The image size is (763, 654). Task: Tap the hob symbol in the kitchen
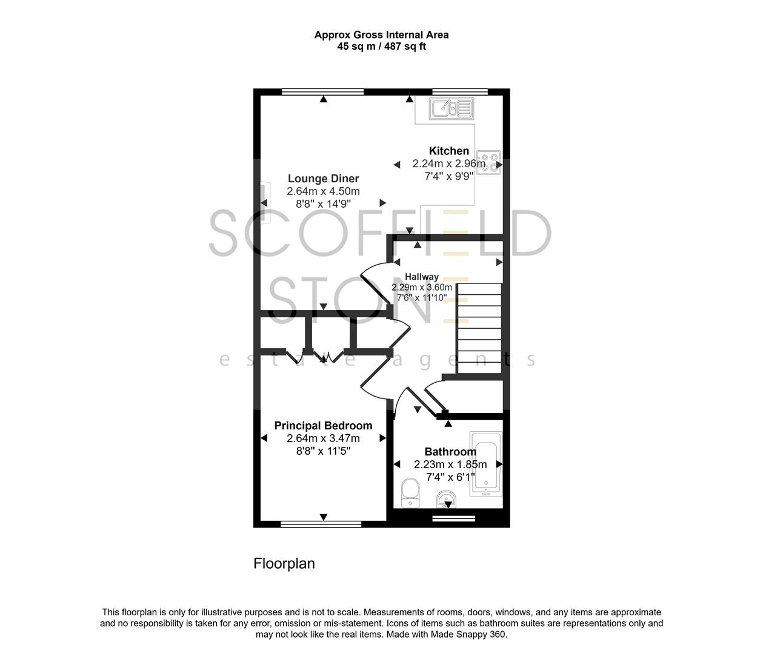488,163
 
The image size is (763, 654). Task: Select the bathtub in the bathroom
486,464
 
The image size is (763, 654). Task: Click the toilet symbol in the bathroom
410,492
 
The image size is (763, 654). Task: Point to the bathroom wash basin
447,500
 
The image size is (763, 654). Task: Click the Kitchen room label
448,151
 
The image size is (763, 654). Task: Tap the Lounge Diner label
323,179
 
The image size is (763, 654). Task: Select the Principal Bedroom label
323,426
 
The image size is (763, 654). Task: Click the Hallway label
422,277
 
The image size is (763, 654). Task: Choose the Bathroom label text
450,452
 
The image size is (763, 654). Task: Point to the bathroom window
453,518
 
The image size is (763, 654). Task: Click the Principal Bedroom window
321,523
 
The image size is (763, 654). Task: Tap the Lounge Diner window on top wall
322,92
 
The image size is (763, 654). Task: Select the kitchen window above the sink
460,92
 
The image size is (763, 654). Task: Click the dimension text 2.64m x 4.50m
323,191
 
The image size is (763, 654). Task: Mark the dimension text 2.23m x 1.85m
450,464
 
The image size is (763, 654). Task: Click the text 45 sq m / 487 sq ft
381,47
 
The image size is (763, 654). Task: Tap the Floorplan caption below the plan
284,564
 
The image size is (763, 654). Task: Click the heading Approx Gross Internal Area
381,35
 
